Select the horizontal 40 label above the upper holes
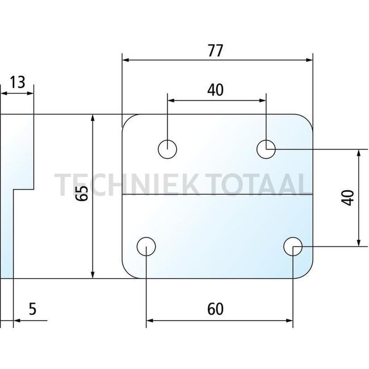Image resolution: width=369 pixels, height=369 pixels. [215, 90]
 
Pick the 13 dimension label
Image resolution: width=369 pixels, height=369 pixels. [18, 83]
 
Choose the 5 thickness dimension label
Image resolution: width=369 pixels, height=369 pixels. [32, 309]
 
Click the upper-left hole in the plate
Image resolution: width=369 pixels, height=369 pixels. [167, 149]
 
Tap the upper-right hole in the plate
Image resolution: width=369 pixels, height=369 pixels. [266, 149]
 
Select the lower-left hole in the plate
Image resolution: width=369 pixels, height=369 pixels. [146, 246]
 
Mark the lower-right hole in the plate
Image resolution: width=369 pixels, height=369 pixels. [293, 246]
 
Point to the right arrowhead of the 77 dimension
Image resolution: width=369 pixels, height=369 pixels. [309, 58]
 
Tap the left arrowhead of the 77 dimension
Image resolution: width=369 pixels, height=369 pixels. [127, 58]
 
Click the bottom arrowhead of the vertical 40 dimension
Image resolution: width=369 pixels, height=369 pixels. [358, 242]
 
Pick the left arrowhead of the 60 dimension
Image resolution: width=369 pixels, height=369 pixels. [151, 322]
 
